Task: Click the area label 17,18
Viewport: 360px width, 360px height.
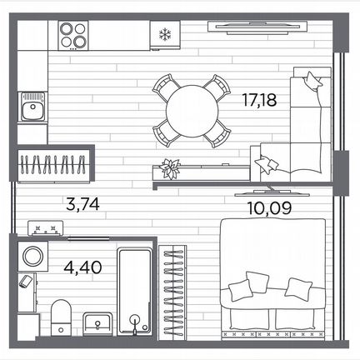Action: pyautogui.click(x=259, y=100)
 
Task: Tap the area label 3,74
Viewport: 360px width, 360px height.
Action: pyautogui.click(x=83, y=204)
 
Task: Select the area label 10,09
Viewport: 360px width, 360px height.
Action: pyautogui.click(x=269, y=208)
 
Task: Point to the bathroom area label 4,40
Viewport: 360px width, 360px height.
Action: pyautogui.click(x=82, y=267)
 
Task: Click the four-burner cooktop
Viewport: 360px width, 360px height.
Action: pyautogui.click(x=73, y=35)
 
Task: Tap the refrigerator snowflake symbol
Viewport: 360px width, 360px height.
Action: pyautogui.click(x=165, y=34)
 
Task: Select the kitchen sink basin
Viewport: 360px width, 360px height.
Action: pyautogui.click(x=33, y=107)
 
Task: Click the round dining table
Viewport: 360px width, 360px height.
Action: pyautogui.click(x=192, y=111)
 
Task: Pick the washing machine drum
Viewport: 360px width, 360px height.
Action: pyautogui.click(x=32, y=256)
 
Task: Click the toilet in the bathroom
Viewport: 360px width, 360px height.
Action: pyautogui.click(x=61, y=317)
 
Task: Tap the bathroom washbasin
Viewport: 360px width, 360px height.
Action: pyautogui.click(x=97, y=322)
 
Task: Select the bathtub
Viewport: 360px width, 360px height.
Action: pyautogui.click(x=134, y=292)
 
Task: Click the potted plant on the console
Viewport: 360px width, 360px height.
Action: pyautogui.click(x=169, y=167)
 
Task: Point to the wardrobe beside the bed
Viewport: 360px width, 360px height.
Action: pyautogui.click(x=172, y=292)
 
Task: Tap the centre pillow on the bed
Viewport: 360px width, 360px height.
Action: pyautogui.click(x=257, y=282)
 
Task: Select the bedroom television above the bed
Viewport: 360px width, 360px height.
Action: pyautogui.click(x=267, y=192)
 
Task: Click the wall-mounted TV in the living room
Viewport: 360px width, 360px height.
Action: pyautogui.click(x=257, y=27)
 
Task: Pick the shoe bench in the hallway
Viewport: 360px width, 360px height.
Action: pyautogui.click(x=45, y=228)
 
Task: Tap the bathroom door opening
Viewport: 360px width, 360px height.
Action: pyautogui.click(x=88, y=238)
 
